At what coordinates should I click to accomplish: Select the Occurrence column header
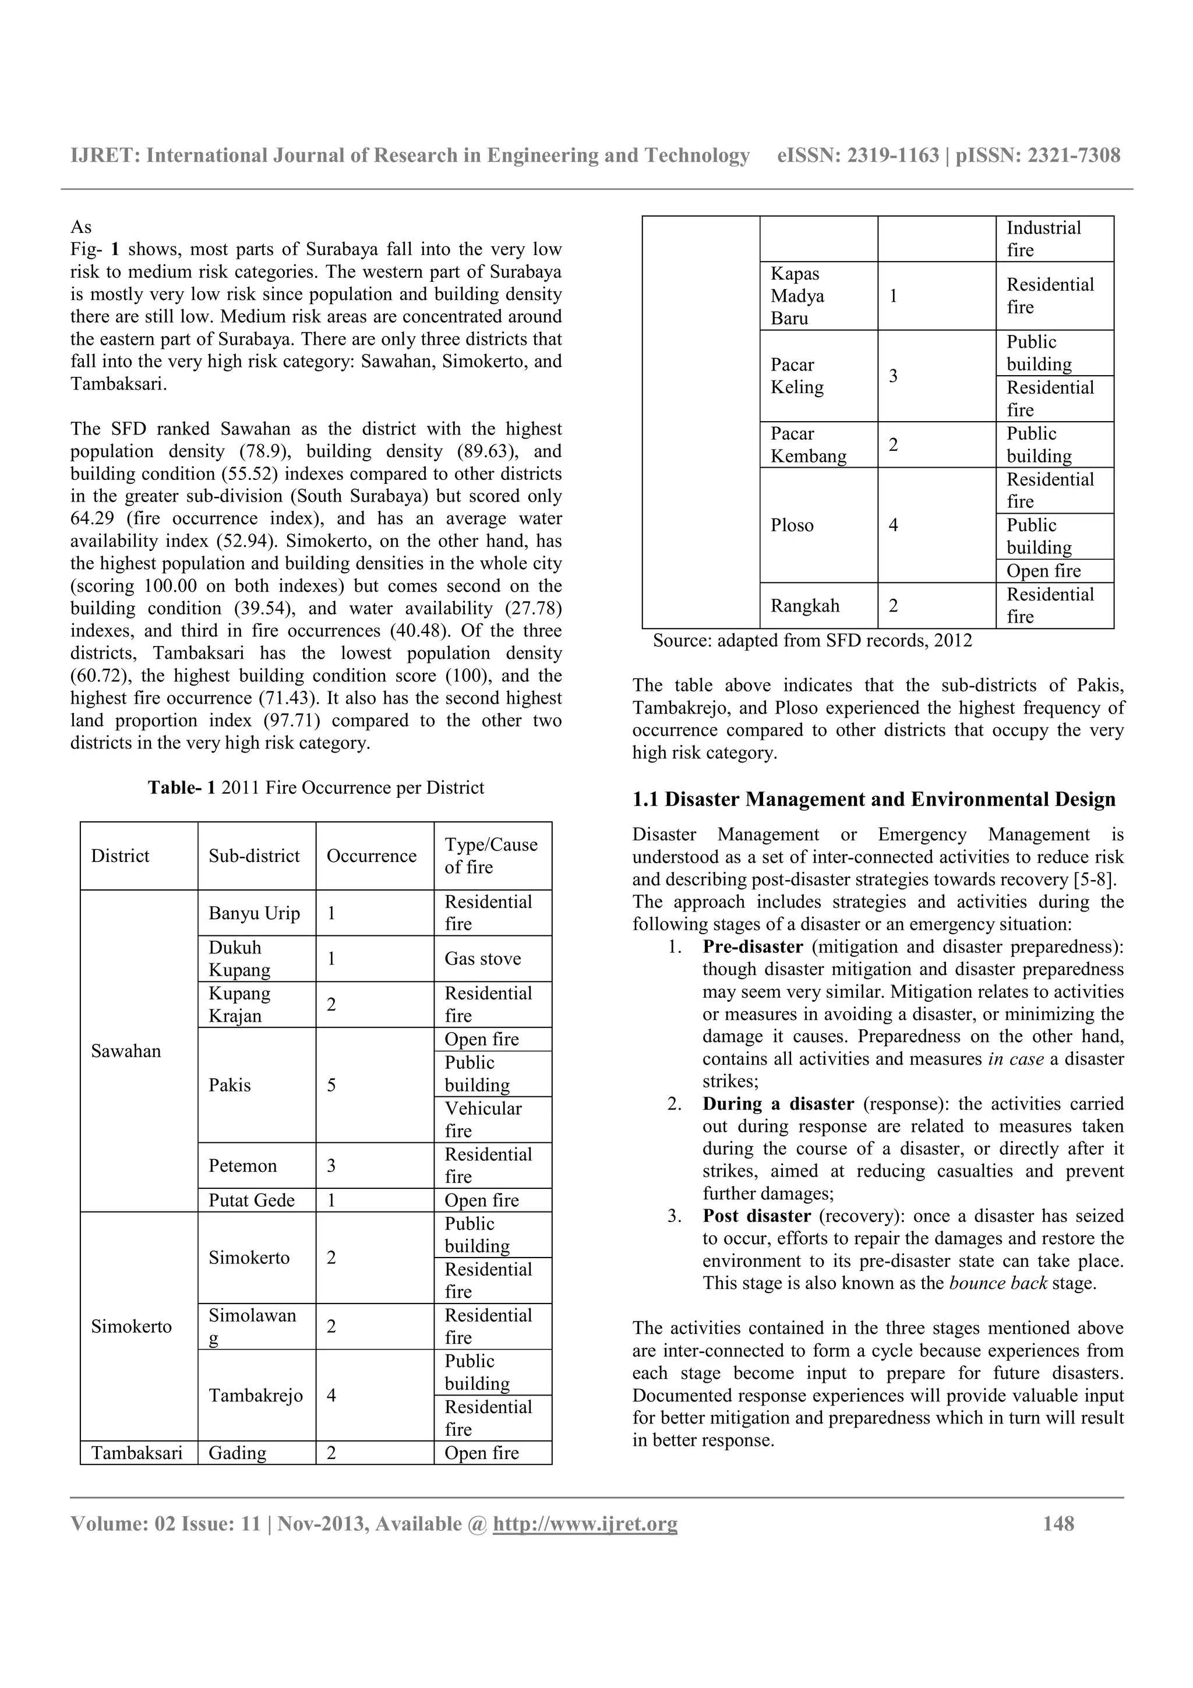pyautogui.click(x=371, y=856)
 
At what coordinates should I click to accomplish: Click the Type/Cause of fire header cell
pyautogui.click(x=490, y=856)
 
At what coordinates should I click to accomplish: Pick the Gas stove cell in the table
pyautogui.click(x=482, y=959)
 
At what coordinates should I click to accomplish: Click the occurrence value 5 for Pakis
pyautogui.click(x=331, y=1085)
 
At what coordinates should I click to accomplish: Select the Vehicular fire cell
pyautogui.click(x=483, y=1119)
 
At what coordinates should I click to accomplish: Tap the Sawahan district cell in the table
pyautogui.click(x=126, y=1051)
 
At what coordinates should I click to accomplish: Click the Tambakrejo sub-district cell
pyautogui.click(x=255, y=1396)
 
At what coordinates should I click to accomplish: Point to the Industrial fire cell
pyautogui.click(x=1043, y=239)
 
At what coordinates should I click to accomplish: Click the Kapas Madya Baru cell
pyautogui.click(x=797, y=295)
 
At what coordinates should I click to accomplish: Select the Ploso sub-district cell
pyautogui.click(x=792, y=525)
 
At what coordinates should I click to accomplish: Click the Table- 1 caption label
pyautogui.click(x=182, y=788)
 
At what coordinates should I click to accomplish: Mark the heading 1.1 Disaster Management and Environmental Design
pyautogui.click(x=873, y=799)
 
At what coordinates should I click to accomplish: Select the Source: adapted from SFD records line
pyautogui.click(x=811, y=640)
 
